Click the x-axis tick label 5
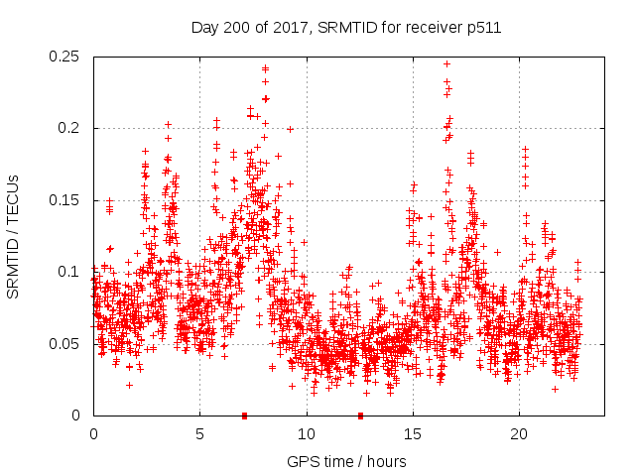[199, 435]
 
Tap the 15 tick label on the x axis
[412, 435]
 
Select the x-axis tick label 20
[518, 435]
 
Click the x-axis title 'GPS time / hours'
[346, 461]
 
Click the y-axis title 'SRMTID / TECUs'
[14, 236]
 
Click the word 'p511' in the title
[483, 28]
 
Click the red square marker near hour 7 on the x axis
[244, 416]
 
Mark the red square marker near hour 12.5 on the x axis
[360, 416]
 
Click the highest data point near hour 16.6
[446, 63]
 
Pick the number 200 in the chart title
[232, 28]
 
